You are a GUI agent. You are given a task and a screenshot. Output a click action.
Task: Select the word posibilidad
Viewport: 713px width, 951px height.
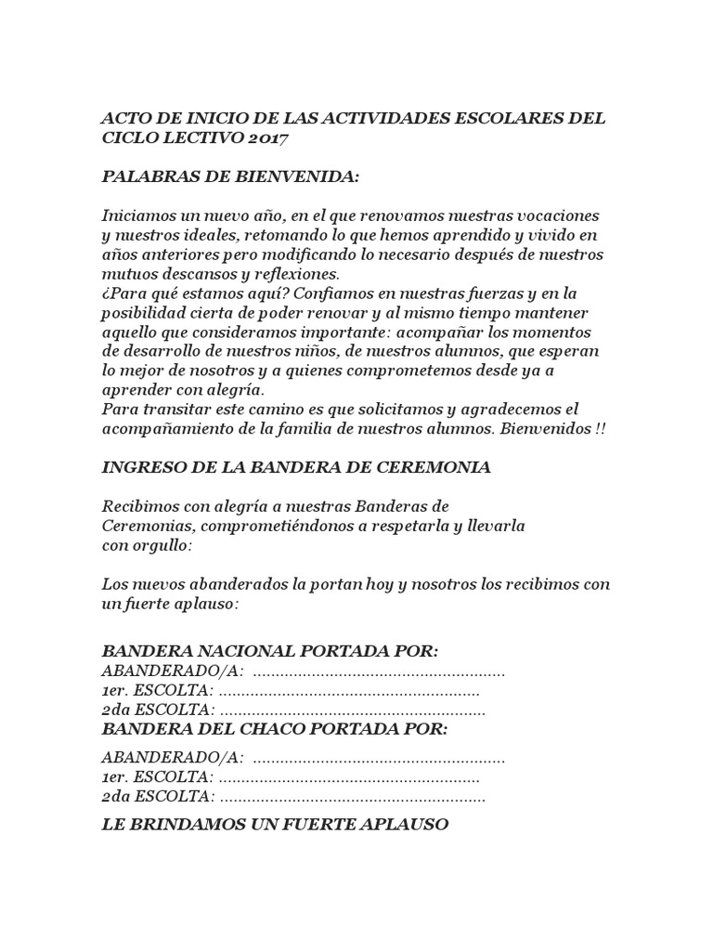(143, 313)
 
